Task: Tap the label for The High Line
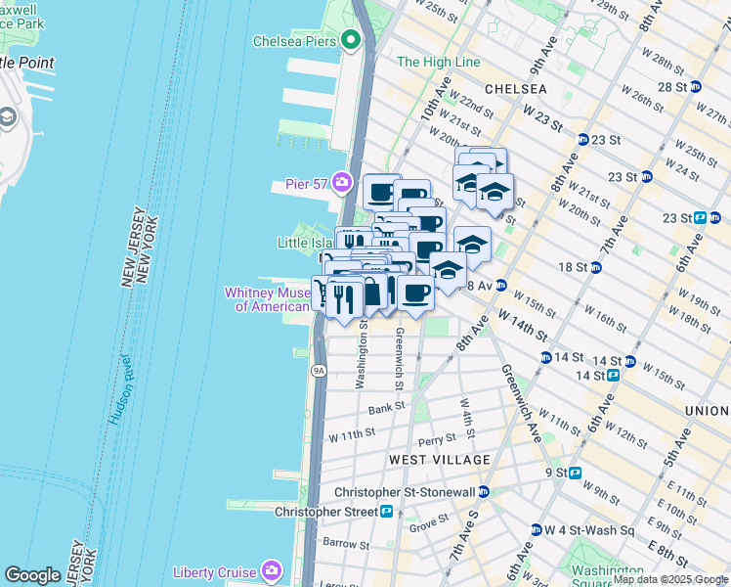tap(438, 62)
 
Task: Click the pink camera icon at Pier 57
tap(342, 182)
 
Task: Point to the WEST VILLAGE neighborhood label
tap(439, 460)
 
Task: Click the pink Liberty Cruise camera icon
tap(271, 571)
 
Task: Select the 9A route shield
tap(318, 371)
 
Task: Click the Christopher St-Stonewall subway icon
tap(483, 492)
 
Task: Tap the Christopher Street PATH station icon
tap(387, 511)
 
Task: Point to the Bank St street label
tap(386, 407)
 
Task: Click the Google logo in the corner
tap(32, 575)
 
